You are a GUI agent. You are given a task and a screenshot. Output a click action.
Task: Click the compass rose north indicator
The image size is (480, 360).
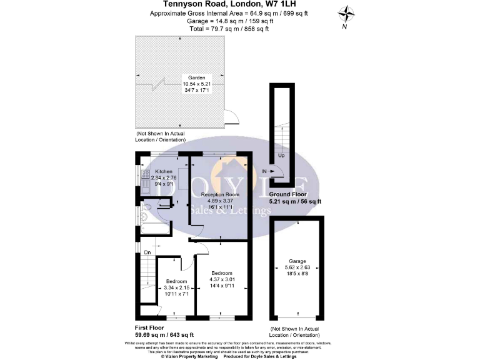345,13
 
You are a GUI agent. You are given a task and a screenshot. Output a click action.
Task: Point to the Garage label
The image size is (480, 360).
297,261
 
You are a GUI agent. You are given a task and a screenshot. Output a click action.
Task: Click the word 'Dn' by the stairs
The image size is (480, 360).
147,252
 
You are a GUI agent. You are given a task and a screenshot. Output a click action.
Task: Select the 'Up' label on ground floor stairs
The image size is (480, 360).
281,156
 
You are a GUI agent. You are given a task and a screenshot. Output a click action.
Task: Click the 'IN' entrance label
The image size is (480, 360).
264,171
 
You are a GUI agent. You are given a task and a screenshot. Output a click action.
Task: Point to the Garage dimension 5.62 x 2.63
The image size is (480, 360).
297,267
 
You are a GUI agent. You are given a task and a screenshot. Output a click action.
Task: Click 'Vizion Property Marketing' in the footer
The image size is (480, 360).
189,356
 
